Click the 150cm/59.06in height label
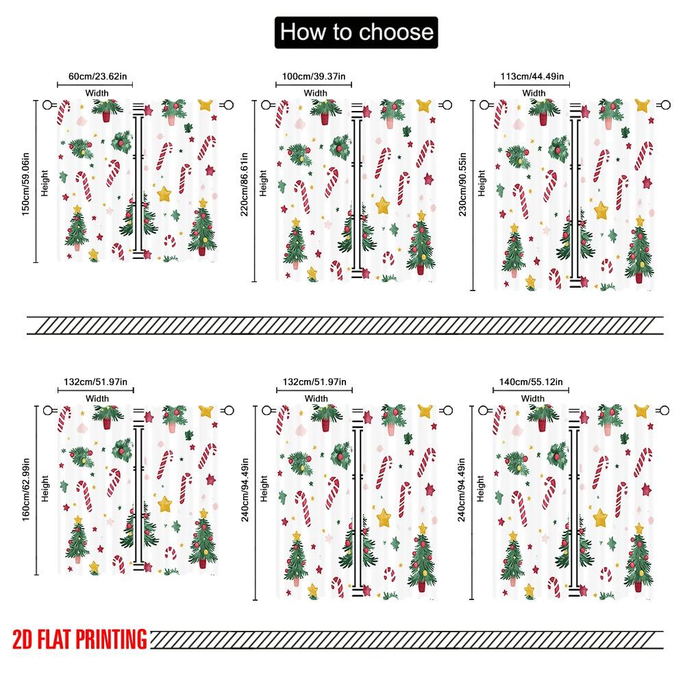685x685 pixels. tap(25, 181)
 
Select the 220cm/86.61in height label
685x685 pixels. tap(245, 185)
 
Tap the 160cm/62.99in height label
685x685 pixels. tap(25, 489)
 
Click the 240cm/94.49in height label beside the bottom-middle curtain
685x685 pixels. tap(245, 490)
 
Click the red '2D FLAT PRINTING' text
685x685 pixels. tap(79, 640)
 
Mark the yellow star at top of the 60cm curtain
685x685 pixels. tap(206, 104)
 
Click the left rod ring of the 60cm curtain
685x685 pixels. tap(48, 105)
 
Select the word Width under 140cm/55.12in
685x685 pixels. tap(532, 398)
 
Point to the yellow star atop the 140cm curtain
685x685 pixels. tap(642, 411)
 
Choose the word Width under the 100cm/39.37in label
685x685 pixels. tap(315, 92)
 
